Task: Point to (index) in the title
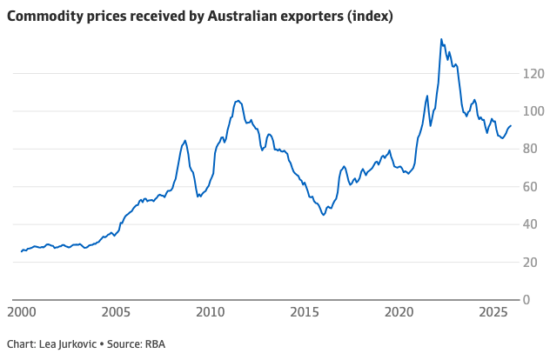click(344, 17)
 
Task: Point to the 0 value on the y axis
click(527, 300)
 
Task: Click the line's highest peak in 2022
click(441, 39)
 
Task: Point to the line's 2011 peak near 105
click(238, 100)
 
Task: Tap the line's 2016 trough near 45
click(324, 215)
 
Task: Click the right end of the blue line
click(511, 126)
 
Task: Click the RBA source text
click(154, 344)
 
